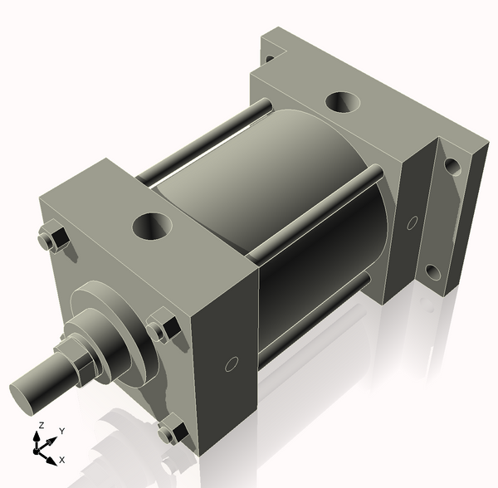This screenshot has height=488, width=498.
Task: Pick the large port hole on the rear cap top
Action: (342, 102)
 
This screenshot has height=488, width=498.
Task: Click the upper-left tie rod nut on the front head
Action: (54, 239)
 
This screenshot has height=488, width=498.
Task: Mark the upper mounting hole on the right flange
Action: (452, 166)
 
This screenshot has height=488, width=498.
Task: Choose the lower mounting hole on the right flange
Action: (432, 272)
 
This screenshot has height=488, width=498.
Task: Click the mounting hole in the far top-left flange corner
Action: (269, 58)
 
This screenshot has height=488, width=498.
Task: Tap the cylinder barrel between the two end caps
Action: (249, 183)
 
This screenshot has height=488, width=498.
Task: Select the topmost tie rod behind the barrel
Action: (207, 137)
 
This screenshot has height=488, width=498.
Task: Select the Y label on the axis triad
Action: (62, 432)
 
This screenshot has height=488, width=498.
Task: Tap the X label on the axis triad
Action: (63, 459)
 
